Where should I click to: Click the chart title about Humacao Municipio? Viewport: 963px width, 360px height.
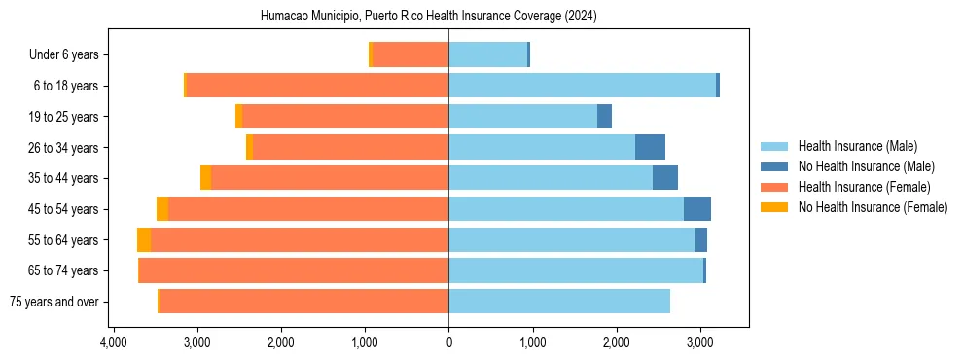pyautogui.click(x=429, y=17)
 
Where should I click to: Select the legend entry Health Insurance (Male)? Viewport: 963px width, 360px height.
pyautogui.click(x=857, y=146)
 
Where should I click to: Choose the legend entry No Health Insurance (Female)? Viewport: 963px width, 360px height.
pyautogui.click(x=873, y=207)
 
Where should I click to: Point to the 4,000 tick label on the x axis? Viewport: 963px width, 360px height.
pyautogui.click(x=114, y=343)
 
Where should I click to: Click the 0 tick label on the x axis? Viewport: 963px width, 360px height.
pyautogui.click(x=448, y=343)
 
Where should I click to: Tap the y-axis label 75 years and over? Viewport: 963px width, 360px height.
pyautogui.click(x=54, y=302)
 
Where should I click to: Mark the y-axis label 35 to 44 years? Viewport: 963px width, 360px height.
pyautogui.click(x=64, y=178)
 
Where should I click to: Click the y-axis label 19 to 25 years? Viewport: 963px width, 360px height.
pyautogui.click(x=64, y=117)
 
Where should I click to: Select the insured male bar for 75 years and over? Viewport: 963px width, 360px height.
pyautogui.click(x=559, y=302)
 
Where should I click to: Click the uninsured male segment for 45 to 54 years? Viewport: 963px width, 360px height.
pyautogui.click(x=697, y=209)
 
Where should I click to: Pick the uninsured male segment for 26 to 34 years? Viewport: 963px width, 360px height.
pyautogui.click(x=650, y=147)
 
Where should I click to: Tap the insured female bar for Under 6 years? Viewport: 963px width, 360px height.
pyautogui.click(x=410, y=55)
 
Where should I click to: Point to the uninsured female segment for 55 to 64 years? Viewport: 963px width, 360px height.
pyautogui.click(x=144, y=240)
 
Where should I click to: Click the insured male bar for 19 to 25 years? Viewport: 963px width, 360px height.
pyautogui.click(x=522, y=117)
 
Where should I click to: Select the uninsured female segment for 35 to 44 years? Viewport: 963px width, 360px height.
pyautogui.click(x=205, y=178)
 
